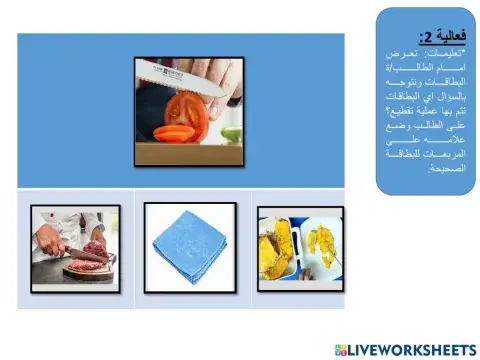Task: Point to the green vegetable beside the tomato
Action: point(229,131)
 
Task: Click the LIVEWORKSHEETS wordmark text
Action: point(412,346)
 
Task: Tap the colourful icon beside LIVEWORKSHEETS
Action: point(342,346)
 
